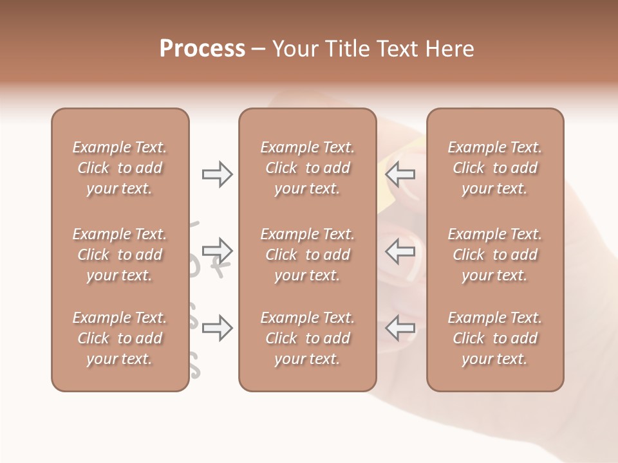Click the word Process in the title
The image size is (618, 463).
point(202,49)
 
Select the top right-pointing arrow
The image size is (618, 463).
point(217,174)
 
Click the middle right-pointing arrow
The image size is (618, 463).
point(217,250)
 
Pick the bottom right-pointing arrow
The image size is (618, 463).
point(217,328)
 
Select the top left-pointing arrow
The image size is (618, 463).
point(400,174)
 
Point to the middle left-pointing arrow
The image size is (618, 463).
point(400,250)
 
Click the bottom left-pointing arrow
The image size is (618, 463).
point(400,328)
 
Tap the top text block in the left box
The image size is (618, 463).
point(120,168)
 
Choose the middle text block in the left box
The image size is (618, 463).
point(120,255)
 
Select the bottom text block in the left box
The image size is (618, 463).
point(120,338)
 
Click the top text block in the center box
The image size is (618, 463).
point(307,168)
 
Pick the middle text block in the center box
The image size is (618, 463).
point(307,255)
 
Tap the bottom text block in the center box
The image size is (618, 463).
point(307,338)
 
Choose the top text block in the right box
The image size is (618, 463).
point(494,168)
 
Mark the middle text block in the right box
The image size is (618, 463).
point(494,255)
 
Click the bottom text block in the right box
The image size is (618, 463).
point(494,338)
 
